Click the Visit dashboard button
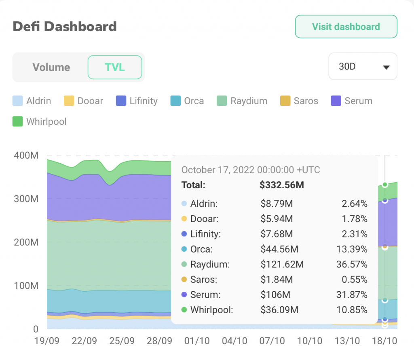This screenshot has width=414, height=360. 346,27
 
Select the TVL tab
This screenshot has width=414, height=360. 115,67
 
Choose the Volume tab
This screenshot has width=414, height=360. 51,67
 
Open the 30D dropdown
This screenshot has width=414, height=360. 363,67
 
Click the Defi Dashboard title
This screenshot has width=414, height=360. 65,27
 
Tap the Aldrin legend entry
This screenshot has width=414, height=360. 32,101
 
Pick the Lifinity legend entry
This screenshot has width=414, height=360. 137,101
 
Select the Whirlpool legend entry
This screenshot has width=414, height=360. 40,121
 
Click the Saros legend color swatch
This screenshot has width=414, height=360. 285,101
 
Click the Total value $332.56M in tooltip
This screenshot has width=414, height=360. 282,185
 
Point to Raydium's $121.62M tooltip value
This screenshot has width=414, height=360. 282,264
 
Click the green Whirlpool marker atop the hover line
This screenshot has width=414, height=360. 385,185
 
